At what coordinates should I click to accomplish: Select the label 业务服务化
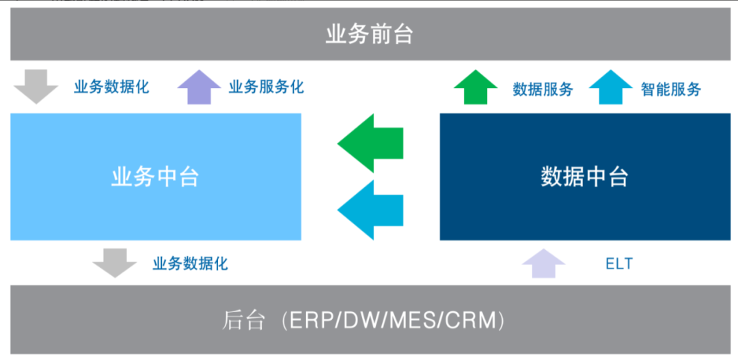(x=266, y=87)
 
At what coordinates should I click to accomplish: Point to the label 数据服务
(x=543, y=89)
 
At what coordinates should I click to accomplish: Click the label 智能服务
(x=671, y=89)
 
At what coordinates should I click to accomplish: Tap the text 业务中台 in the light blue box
(x=155, y=178)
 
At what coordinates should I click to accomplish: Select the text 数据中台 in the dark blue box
(x=584, y=178)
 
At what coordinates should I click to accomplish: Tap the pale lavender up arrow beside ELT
(x=544, y=264)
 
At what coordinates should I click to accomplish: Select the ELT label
(x=619, y=264)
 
